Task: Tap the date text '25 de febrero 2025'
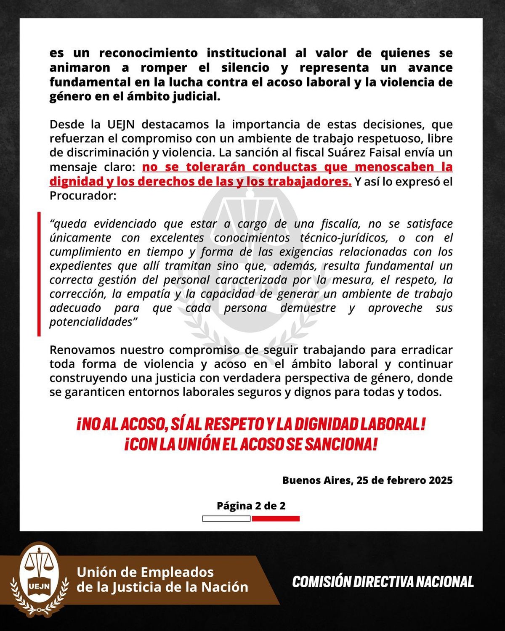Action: pos(404,480)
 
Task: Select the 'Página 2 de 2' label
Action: pos(251,506)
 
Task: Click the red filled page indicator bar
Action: pos(276,519)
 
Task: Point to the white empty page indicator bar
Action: pos(226,519)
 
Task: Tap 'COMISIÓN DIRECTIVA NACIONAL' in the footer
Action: pos(383,582)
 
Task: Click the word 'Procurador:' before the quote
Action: pos(82,196)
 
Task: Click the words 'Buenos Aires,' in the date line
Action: pos(316,480)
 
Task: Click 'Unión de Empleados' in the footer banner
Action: pos(145,572)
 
